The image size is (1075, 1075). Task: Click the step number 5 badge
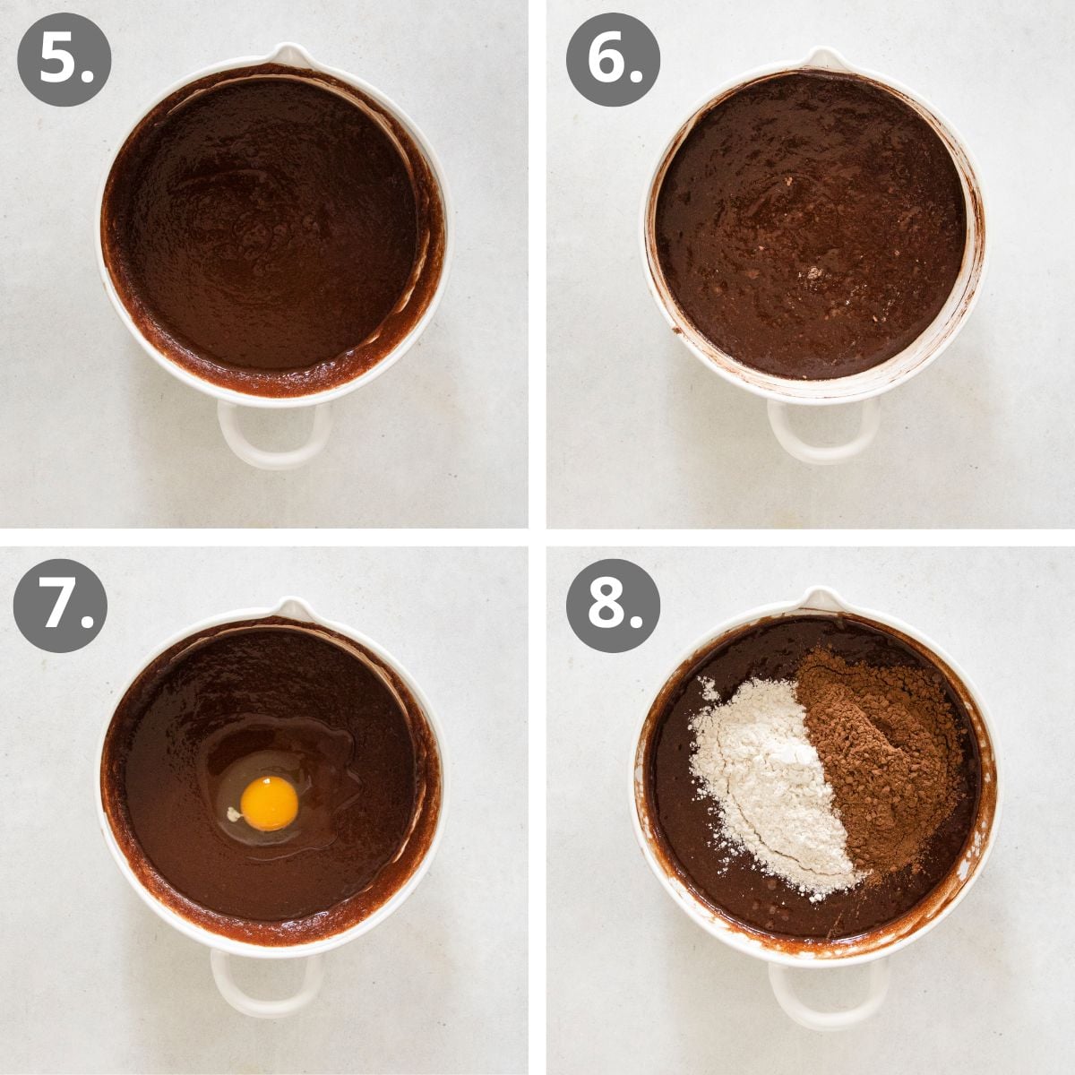click(x=64, y=60)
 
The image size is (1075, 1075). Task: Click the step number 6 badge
click(x=612, y=60)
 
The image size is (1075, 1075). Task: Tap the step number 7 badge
click(x=60, y=606)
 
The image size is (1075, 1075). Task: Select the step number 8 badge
click(x=612, y=606)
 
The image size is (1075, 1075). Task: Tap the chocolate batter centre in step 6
click(x=811, y=224)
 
